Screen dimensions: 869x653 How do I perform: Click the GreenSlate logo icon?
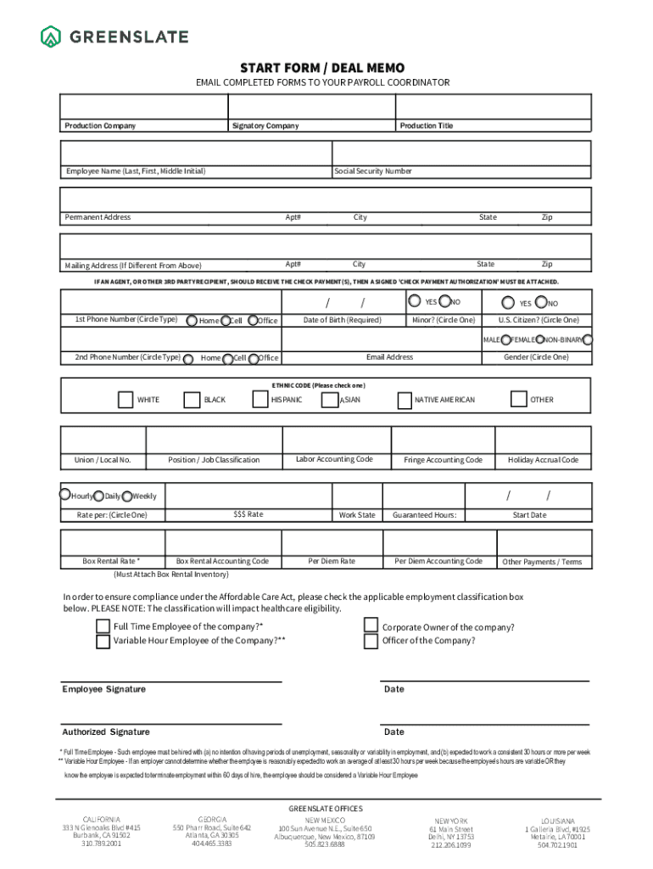51,36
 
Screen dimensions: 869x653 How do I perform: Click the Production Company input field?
143,107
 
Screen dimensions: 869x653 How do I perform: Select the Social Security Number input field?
460,152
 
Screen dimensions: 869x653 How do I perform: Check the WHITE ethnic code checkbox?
125,399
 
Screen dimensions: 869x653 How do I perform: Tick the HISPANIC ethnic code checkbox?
260,399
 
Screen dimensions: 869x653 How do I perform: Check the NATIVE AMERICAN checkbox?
403,399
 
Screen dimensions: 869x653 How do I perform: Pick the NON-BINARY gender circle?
588,339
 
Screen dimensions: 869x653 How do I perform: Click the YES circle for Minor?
414,300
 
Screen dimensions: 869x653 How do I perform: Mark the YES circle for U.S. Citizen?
507,302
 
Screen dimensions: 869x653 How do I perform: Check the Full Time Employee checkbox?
103,626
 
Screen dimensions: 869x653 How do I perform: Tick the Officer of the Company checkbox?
371,642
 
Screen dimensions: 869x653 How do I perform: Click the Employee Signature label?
103,689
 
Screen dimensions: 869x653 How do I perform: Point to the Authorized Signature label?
106,732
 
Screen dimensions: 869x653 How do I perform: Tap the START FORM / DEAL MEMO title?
322,68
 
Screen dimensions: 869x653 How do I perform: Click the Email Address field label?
389,357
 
